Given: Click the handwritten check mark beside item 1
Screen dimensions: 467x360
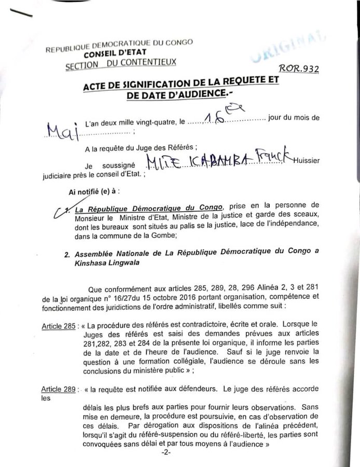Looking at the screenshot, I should [x=65, y=209].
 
